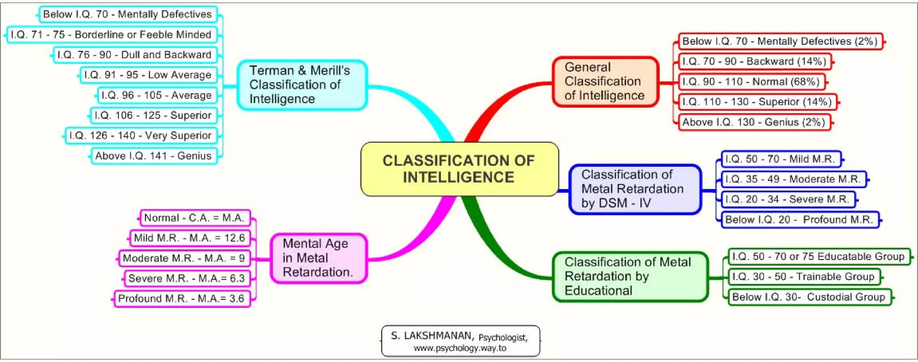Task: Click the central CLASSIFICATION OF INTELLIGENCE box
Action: [x=459, y=169]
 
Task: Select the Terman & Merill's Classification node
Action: [x=302, y=85]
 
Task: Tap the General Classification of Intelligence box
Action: [x=605, y=82]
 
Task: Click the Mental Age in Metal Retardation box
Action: [x=318, y=258]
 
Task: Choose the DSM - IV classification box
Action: [x=634, y=189]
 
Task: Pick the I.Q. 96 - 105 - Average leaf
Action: [x=157, y=95]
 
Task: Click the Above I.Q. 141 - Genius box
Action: [x=154, y=156]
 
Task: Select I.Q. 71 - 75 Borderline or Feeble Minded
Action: [x=111, y=34]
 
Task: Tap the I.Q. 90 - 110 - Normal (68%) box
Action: [x=751, y=82]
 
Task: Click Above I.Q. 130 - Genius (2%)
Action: [x=754, y=122]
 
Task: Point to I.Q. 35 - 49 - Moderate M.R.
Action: [x=793, y=179]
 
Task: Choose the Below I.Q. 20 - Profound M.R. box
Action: [x=799, y=220]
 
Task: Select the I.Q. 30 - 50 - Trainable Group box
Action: [x=803, y=276]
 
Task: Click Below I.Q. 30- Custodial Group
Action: [x=809, y=297]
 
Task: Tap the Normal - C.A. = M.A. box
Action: [x=195, y=218]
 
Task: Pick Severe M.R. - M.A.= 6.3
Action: [x=186, y=278]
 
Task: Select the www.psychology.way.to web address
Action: [x=460, y=348]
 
